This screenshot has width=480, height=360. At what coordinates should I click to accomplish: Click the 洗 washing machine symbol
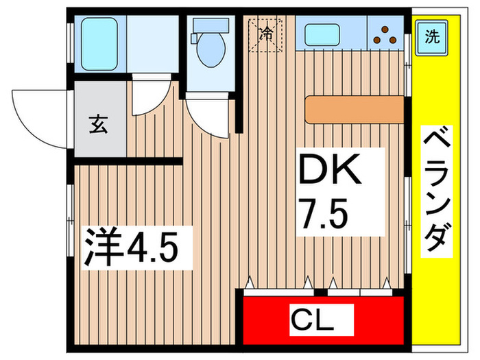[431, 36]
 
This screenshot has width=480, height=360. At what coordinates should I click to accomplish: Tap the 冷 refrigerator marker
[266, 32]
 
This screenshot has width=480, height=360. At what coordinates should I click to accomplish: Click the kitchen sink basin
[322, 34]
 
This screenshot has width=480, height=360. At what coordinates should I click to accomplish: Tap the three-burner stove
[386, 34]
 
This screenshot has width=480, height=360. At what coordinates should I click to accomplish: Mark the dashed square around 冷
[267, 33]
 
